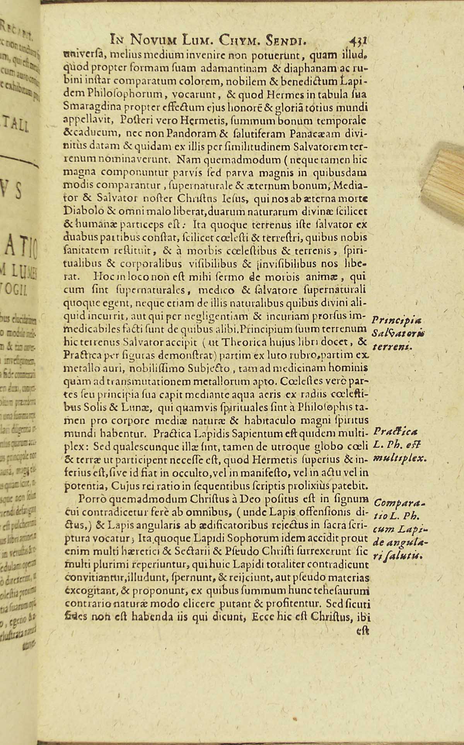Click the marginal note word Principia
click(393, 321)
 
